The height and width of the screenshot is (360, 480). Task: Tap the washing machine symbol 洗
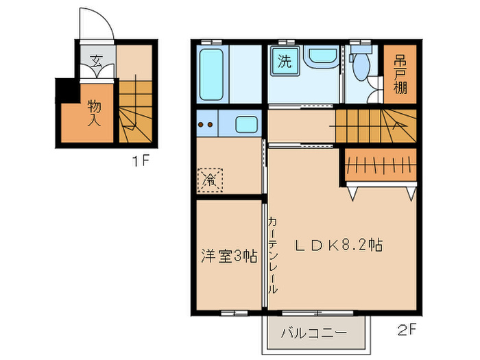[x=283, y=60]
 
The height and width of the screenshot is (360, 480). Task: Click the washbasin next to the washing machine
[x=320, y=59]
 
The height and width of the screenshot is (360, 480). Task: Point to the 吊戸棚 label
[x=399, y=74]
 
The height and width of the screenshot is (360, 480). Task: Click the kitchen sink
[x=247, y=125]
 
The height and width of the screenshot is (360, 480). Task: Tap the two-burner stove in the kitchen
[x=206, y=125]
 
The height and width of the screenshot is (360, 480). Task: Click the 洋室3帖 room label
[x=228, y=256]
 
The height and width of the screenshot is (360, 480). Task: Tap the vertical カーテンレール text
[x=273, y=255]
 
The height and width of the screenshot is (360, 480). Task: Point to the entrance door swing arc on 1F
[x=95, y=25]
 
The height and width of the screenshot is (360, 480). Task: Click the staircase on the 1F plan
[x=135, y=112]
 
